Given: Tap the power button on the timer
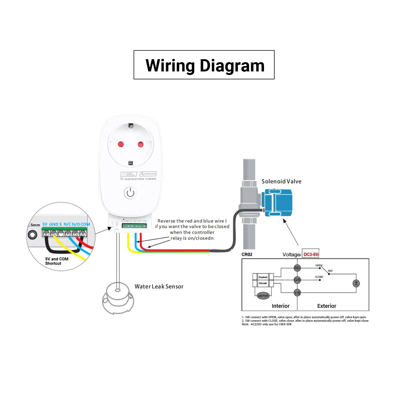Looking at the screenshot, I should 130,193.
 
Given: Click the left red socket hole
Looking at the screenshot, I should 121,144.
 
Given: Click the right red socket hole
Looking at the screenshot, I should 140,144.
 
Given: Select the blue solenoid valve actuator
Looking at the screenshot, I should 277,202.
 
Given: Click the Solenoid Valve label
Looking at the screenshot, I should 281,181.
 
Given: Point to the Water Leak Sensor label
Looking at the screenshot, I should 159,286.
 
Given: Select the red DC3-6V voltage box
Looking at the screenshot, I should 311,254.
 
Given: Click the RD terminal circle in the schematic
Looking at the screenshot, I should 297,268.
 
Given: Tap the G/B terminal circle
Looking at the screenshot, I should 297,280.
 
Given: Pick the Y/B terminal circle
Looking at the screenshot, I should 297,293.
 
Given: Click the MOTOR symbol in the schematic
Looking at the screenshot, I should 263,296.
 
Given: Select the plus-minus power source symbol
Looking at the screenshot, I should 356,283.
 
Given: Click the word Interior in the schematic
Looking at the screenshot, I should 281,306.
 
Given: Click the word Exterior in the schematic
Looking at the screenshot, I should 327,306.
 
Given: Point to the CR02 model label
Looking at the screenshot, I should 247,254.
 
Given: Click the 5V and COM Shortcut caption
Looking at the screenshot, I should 57,261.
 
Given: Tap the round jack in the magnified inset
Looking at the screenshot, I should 33,234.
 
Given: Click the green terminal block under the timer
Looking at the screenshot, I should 134,226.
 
